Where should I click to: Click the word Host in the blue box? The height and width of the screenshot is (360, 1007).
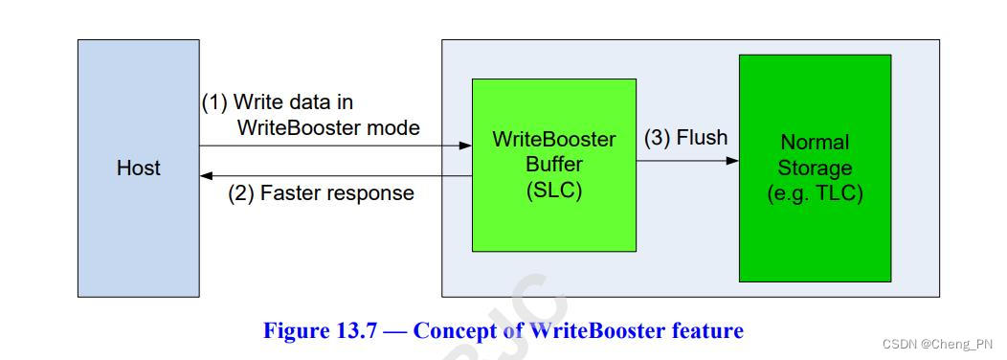[x=139, y=169]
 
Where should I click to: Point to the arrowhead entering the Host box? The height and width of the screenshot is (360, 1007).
[x=206, y=176]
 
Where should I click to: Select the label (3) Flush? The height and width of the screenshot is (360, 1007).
[x=685, y=138]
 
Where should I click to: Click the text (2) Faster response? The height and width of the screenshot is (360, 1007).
[x=321, y=193]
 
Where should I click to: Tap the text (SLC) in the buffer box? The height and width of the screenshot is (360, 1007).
[x=553, y=190]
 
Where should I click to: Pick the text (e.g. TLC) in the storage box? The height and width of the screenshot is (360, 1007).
[x=815, y=193]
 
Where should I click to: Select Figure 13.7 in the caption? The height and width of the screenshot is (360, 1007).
[x=320, y=331]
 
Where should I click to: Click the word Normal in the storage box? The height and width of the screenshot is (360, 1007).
[x=815, y=143]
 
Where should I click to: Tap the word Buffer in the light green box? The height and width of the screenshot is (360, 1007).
[x=553, y=164]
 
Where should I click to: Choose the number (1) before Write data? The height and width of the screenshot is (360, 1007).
[x=213, y=101]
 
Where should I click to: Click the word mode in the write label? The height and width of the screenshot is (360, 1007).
[x=393, y=127]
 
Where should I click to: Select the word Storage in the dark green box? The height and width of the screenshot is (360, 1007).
[x=815, y=169]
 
